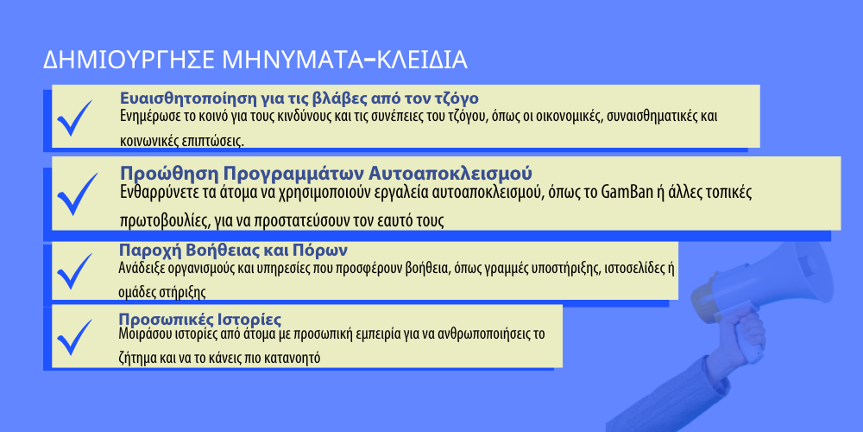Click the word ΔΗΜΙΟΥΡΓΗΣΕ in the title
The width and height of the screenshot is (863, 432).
pos(129,60)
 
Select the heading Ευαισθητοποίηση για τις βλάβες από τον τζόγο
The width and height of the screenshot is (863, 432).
pos(299,98)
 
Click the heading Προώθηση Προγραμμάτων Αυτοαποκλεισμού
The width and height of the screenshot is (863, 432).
pos(326,173)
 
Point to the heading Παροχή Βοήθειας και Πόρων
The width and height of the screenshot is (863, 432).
pos(233,251)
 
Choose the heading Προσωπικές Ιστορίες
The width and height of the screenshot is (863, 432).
pos(200,320)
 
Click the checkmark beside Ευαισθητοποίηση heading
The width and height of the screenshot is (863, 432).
pos(73,118)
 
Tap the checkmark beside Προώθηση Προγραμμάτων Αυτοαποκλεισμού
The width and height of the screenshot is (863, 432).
pos(77,194)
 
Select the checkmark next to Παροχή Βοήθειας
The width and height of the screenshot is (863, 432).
pos(74,271)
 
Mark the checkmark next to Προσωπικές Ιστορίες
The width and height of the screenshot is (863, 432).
pos(74,337)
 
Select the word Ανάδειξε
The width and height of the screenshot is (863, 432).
pos(137,269)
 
